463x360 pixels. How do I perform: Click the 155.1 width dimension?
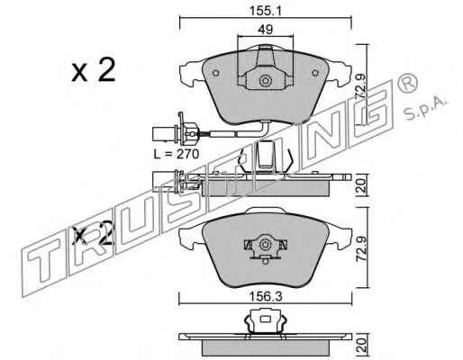tap(266, 11)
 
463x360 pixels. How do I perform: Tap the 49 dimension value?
tap(266, 30)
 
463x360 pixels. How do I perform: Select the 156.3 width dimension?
tap(266, 297)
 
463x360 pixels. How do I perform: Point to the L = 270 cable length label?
tap(177, 154)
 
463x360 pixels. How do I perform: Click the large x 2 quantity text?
tap(94, 70)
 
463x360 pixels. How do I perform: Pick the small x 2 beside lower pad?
tap(94, 234)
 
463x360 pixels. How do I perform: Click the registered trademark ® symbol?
tap(407, 84)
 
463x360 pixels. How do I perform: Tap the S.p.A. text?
tap(426, 108)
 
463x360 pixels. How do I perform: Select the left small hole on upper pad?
tap(215, 73)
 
